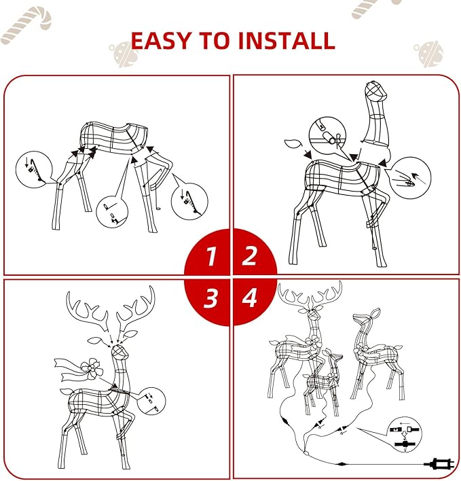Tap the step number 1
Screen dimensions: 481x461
click(211, 257)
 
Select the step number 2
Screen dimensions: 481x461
click(250, 257)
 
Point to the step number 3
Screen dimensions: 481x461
click(211, 298)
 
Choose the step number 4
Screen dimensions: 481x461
click(250, 298)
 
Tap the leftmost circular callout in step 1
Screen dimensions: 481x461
click(33, 170)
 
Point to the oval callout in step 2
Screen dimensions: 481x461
click(411, 175)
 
